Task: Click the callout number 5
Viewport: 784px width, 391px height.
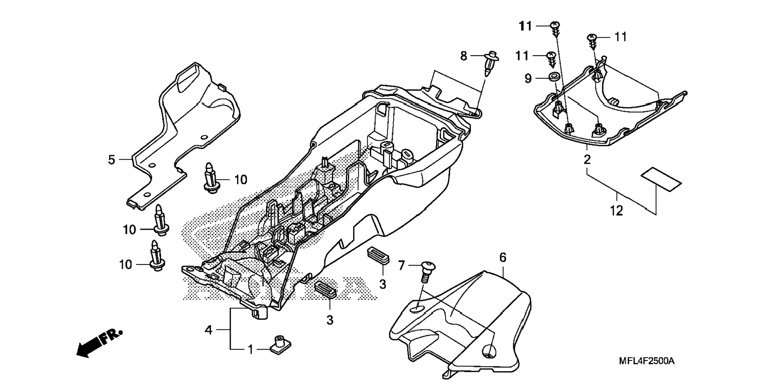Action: coord(111,160)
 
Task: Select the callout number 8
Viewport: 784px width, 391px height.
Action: coord(464,56)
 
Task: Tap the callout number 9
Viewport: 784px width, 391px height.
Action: coord(528,78)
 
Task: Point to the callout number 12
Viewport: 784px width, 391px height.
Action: coord(616,211)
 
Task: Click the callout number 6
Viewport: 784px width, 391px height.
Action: coord(503,257)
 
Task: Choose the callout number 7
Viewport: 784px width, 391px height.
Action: coord(401,265)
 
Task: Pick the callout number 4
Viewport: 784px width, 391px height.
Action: coord(208,330)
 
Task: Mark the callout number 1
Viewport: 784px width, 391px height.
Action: coord(251,349)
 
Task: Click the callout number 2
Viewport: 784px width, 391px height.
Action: coord(587,159)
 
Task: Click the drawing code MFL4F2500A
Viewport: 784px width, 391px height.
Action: coord(647,361)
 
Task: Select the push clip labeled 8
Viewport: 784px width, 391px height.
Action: coord(491,63)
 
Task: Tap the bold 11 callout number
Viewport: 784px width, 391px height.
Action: coord(525,26)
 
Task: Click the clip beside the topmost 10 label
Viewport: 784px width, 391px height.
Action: coord(211,177)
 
